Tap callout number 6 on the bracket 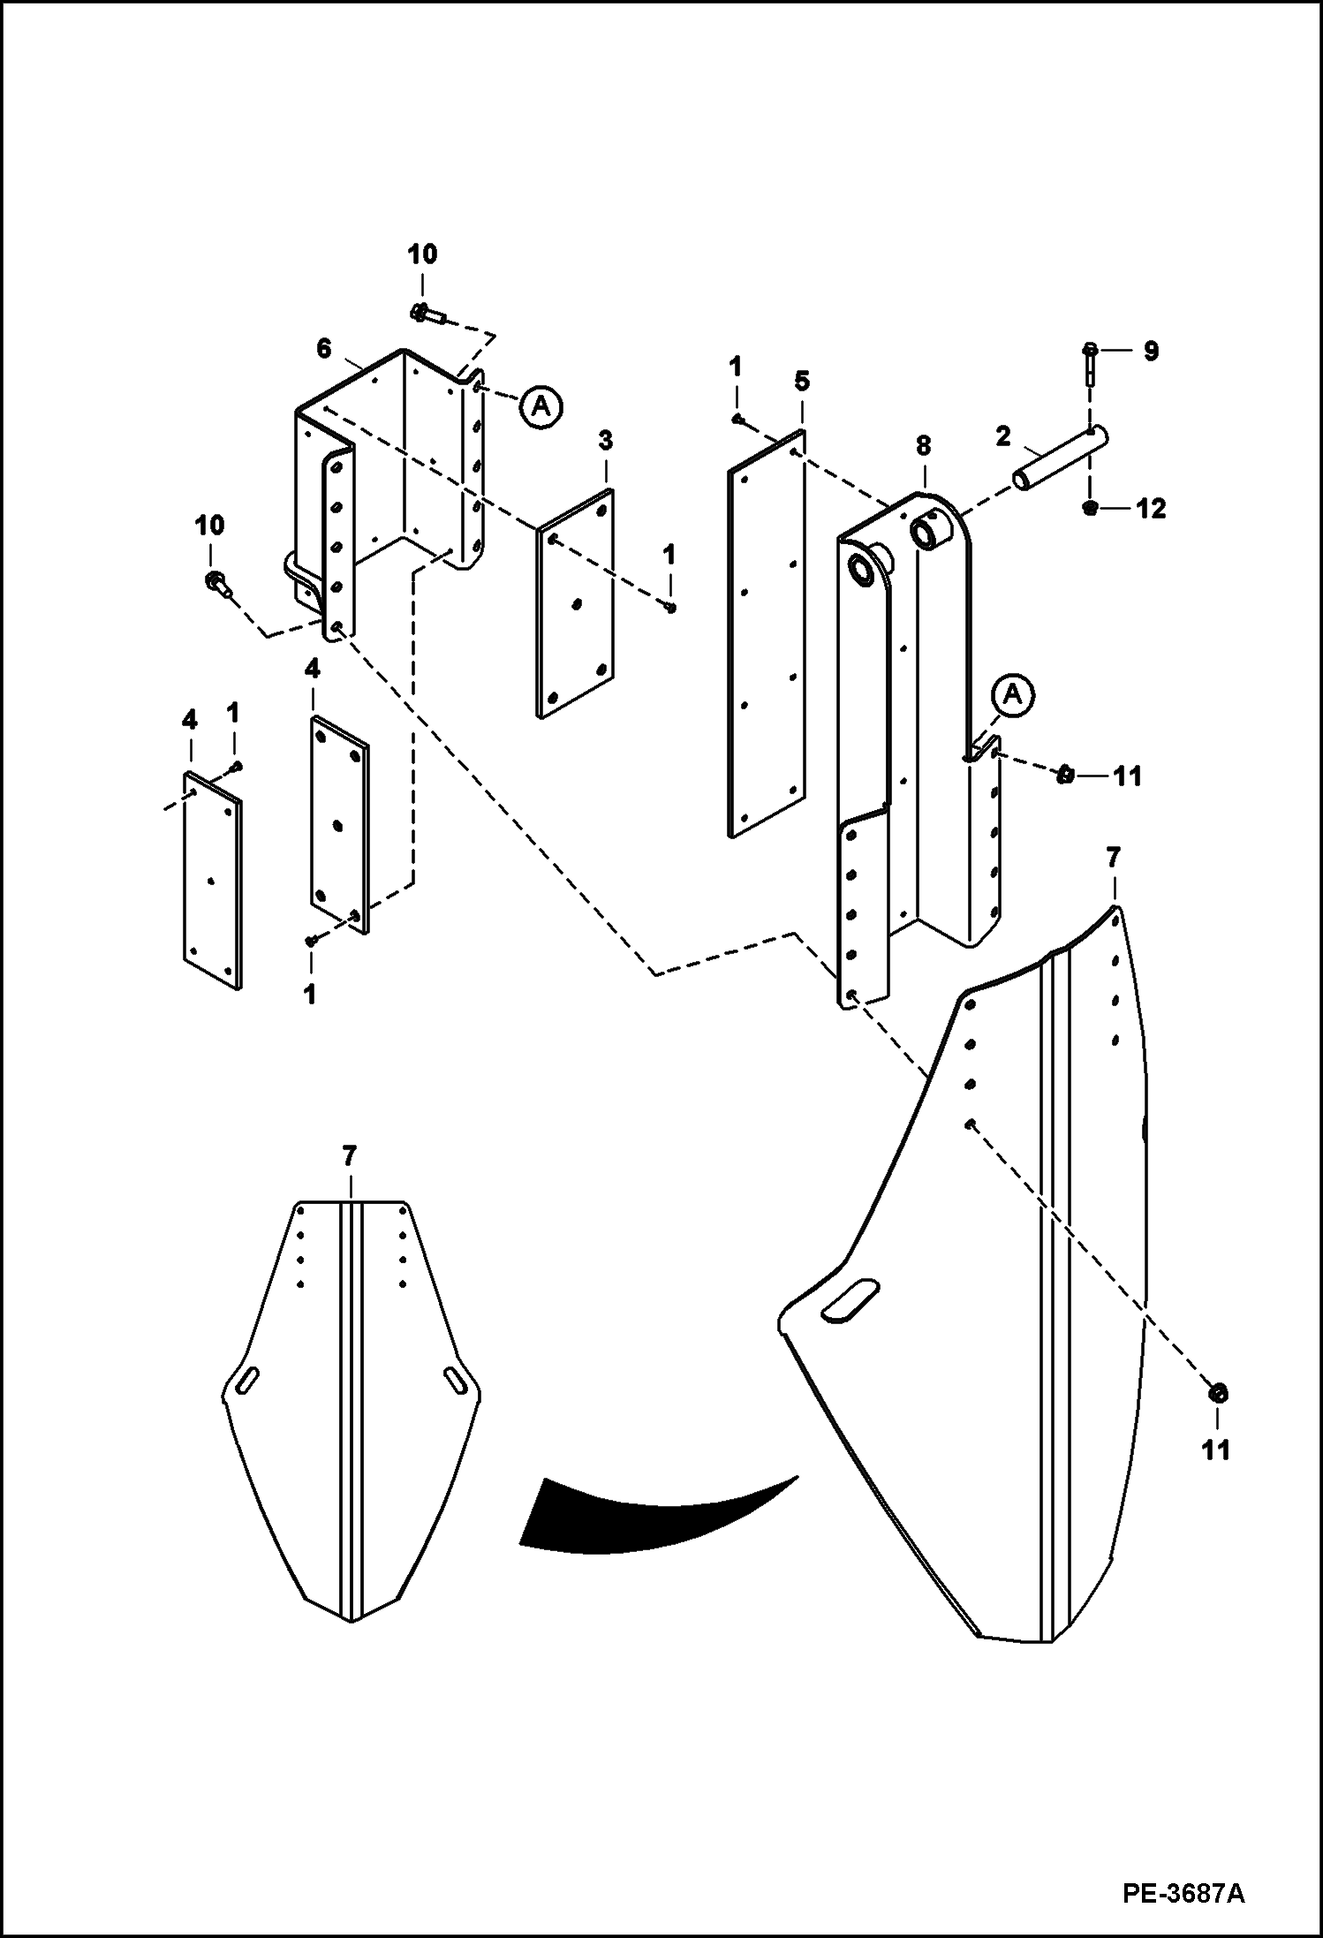click(x=324, y=349)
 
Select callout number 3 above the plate click(x=605, y=439)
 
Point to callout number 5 click(x=801, y=382)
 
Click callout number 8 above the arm click(x=923, y=445)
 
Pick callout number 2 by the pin click(x=1003, y=435)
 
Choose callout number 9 click(x=1150, y=352)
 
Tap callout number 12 click(x=1151, y=509)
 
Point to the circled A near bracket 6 click(x=541, y=405)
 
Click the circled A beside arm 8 click(x=1013, y=695)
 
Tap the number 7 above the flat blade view click(x=350, y=1154)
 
